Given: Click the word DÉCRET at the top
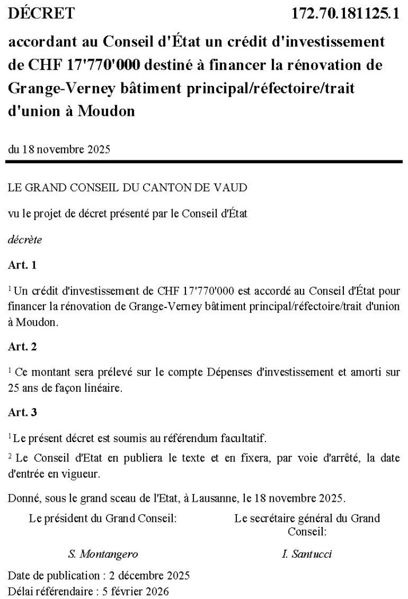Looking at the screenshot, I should (41, 13).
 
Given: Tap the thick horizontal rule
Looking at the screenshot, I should (204, 163).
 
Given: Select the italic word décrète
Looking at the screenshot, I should (25, 240).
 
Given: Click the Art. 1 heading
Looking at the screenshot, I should (22, 265).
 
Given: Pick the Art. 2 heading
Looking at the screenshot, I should (22, 346).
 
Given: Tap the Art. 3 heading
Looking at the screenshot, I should (22, 412).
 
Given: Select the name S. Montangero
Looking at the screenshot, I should (103, 554).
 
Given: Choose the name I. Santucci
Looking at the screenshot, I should (307, 554).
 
